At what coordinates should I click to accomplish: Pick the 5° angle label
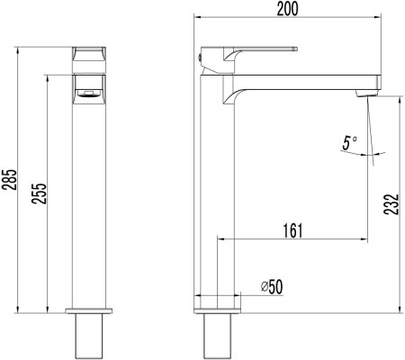349,142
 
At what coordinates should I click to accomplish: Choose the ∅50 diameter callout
271,286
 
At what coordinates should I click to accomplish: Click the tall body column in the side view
217,198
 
